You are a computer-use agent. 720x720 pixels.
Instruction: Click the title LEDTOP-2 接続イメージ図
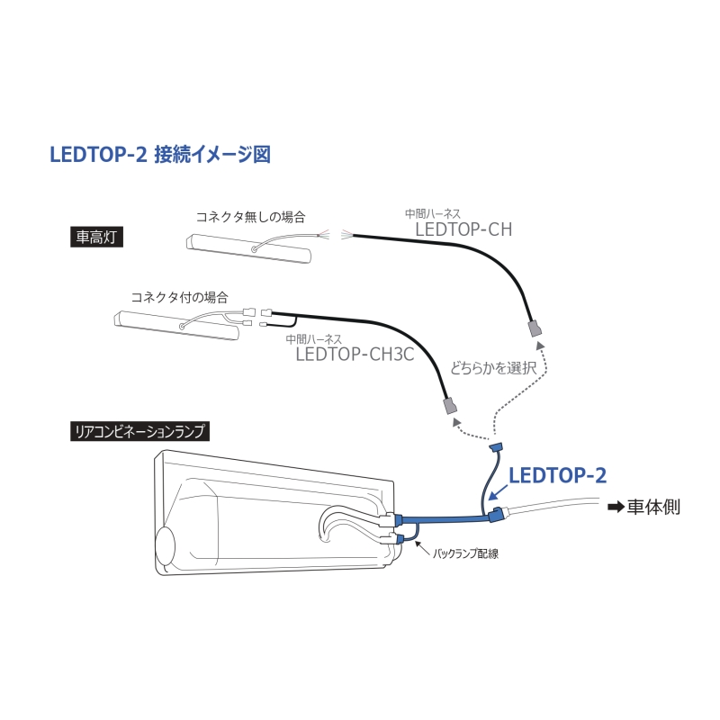point(160,154)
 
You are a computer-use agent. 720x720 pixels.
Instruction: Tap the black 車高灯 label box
point(96,237)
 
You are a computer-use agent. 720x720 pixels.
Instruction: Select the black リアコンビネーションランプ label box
point(139,431)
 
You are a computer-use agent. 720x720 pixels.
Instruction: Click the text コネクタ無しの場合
point(251,217)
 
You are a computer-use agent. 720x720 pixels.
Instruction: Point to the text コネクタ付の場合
point(179,297)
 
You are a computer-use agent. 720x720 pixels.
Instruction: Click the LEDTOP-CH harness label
point(463,229)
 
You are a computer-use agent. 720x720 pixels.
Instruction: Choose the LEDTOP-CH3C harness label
point(355,354)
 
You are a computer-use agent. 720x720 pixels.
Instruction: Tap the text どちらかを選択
point(492,368)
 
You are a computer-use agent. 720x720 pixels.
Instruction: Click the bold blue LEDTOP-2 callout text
point(557,475)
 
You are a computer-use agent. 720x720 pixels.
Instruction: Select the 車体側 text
point(653,507)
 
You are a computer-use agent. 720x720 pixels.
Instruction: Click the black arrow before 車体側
point(616,507)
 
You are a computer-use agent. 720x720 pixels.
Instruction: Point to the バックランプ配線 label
point(465,553)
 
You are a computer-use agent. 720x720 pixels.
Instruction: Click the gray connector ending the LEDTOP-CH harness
point(535,328)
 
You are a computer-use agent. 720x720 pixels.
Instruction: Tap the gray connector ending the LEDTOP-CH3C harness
point(449,407)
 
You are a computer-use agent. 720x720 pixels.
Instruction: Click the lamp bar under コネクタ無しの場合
point(248,248)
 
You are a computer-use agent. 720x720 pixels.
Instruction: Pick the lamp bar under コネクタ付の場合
point(176,326)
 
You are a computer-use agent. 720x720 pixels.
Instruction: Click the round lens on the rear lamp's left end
point(166,546)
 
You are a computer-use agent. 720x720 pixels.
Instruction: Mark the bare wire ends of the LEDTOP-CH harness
point(346,235)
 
